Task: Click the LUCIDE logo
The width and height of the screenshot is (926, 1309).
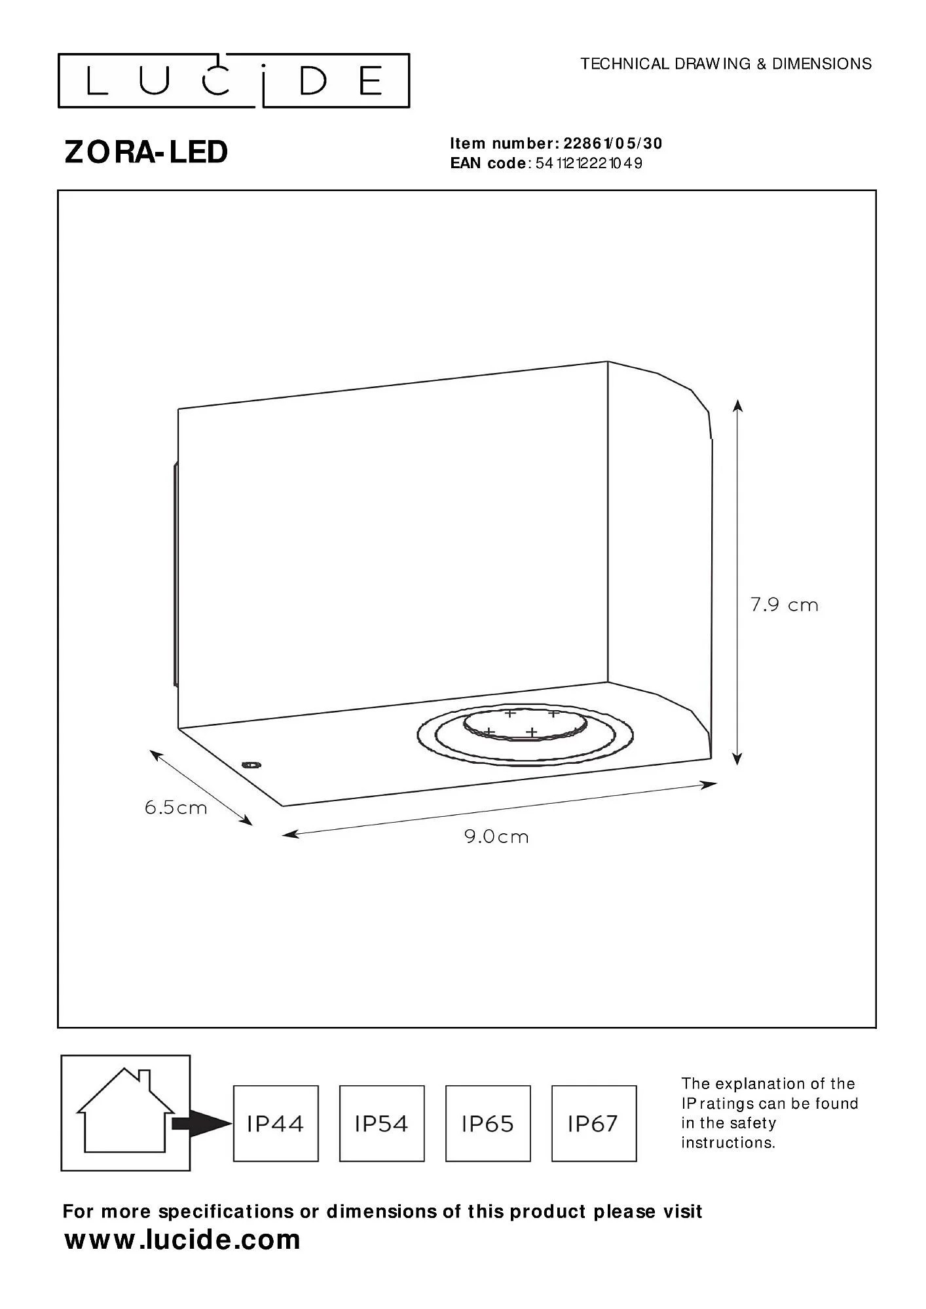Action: (x=234, y=81)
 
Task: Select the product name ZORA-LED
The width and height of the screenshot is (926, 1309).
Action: (x=146, y=152)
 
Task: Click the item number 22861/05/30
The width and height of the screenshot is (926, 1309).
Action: (x=613, y=143)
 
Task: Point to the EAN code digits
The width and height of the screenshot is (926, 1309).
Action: (x=589, y=164)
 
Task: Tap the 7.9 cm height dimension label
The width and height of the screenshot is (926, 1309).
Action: (x=785, y=605)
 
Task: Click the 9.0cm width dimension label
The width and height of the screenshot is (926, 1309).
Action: (x=496, y=836)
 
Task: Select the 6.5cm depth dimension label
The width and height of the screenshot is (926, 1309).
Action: (x=176, y=808)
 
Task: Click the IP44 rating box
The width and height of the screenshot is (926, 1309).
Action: (x=276, y=1124)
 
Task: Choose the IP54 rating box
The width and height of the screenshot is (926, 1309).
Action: (x=382, y=1124)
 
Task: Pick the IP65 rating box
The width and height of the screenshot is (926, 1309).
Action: (x=488, y=1124)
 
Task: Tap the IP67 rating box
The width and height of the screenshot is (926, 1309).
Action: (x=594, y=1124)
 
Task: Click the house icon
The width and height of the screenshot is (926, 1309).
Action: (x=126, y=1111)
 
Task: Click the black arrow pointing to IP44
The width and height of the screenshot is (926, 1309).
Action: (x=202, y=1124)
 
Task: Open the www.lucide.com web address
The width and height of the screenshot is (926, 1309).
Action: (x=182, y=1240)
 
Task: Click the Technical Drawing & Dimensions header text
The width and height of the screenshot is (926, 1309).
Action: (x=726, y=63)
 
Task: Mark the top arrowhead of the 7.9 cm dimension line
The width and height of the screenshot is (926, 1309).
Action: (x=737, y=406)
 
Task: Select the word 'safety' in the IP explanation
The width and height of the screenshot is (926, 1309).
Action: (x=752, y=1123)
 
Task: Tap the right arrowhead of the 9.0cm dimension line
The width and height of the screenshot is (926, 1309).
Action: (x=710, y=784)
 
